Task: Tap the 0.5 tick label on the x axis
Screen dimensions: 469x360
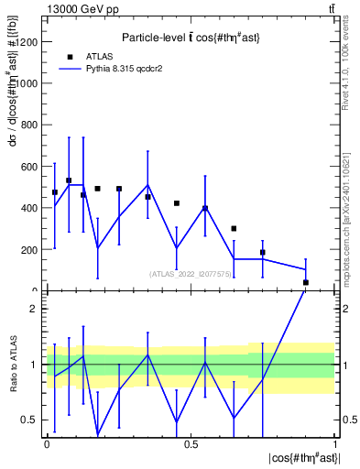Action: (x=191, y=444)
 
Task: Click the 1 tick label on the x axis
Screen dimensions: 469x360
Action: (x=335, y=444)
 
